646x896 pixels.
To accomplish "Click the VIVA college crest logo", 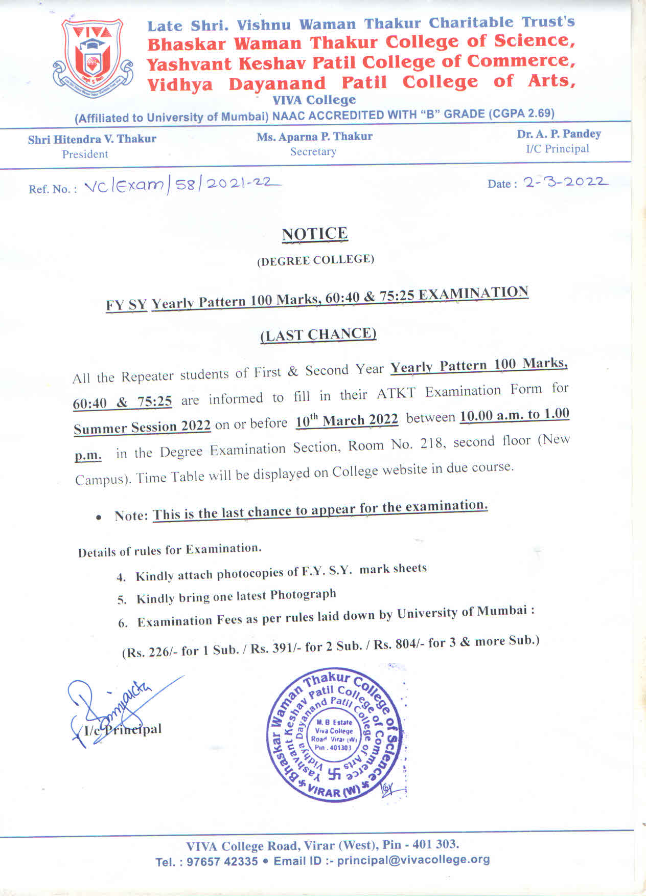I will [92, 56].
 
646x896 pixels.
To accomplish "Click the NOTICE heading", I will [315, 234].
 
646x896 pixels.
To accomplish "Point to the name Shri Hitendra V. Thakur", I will [92, 139].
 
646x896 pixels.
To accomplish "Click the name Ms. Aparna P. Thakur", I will [314, 137].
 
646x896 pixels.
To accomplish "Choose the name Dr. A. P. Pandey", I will [559, 134].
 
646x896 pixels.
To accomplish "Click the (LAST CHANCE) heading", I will [318, 335].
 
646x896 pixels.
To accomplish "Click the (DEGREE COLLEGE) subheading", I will [315, 260].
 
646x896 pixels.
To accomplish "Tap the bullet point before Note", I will [98, 518].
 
